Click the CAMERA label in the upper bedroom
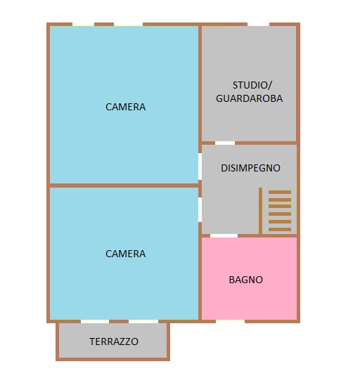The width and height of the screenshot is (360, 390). click(126, 107)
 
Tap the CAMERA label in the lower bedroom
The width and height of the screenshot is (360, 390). click(126, 254)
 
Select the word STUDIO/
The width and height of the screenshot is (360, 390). click(250, 84)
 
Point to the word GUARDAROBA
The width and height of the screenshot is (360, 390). click(250, 99)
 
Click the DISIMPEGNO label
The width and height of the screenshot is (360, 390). click(250, 168)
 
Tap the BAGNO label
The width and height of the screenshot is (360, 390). click(246, 280)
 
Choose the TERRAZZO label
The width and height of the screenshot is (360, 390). click(114, 342)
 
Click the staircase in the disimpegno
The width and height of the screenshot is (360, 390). click(279, 211)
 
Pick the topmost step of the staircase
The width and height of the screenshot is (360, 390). click(279, 192)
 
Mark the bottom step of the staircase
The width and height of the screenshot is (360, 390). click(279, 229)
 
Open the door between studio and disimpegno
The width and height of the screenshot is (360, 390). click(225, 143)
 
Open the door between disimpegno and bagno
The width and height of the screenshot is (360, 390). click(224, 235)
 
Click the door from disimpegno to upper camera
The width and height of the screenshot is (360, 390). click(200, 167)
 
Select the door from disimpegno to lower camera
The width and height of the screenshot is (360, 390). click(200, 210)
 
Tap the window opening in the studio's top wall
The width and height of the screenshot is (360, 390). click(258, 25)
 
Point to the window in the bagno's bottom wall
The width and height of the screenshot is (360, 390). click(230, 321)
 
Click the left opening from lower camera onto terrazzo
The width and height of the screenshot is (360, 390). click(95, 322)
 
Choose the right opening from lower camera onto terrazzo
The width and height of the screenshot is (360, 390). click(143, 322)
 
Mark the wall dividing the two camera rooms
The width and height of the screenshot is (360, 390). click(124, 186)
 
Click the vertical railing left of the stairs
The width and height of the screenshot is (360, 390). click(260, 211)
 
